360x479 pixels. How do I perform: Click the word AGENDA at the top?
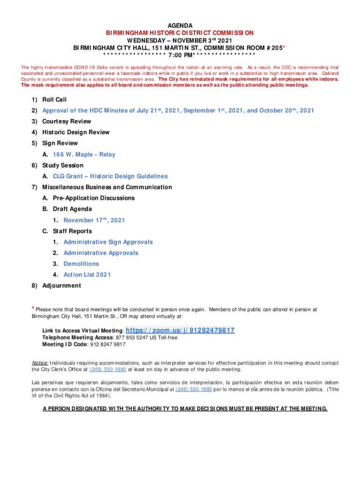point(180,25)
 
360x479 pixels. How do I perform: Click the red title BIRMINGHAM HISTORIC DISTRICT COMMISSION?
point(180,33)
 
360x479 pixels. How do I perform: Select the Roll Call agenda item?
point(54,100)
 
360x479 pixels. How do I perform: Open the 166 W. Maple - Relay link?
point(84,154)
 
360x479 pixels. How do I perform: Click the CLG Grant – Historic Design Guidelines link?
point(110,176)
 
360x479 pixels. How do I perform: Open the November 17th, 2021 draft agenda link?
point(94,220)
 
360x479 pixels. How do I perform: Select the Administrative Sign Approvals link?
point(108,242)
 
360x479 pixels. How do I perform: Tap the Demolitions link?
point(81,264)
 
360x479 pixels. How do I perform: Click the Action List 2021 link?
point(87,275)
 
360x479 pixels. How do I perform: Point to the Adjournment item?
point(61,286)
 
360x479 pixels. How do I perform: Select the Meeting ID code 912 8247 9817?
point(108,344)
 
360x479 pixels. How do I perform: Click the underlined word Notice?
point(40,363)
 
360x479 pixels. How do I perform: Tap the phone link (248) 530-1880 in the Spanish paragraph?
point(194,389)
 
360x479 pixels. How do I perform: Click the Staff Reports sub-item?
point(72,231)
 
